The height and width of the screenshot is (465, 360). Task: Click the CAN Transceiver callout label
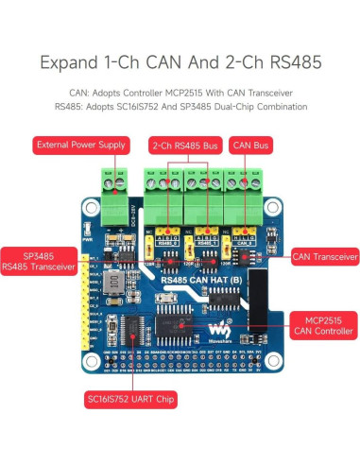324,255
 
